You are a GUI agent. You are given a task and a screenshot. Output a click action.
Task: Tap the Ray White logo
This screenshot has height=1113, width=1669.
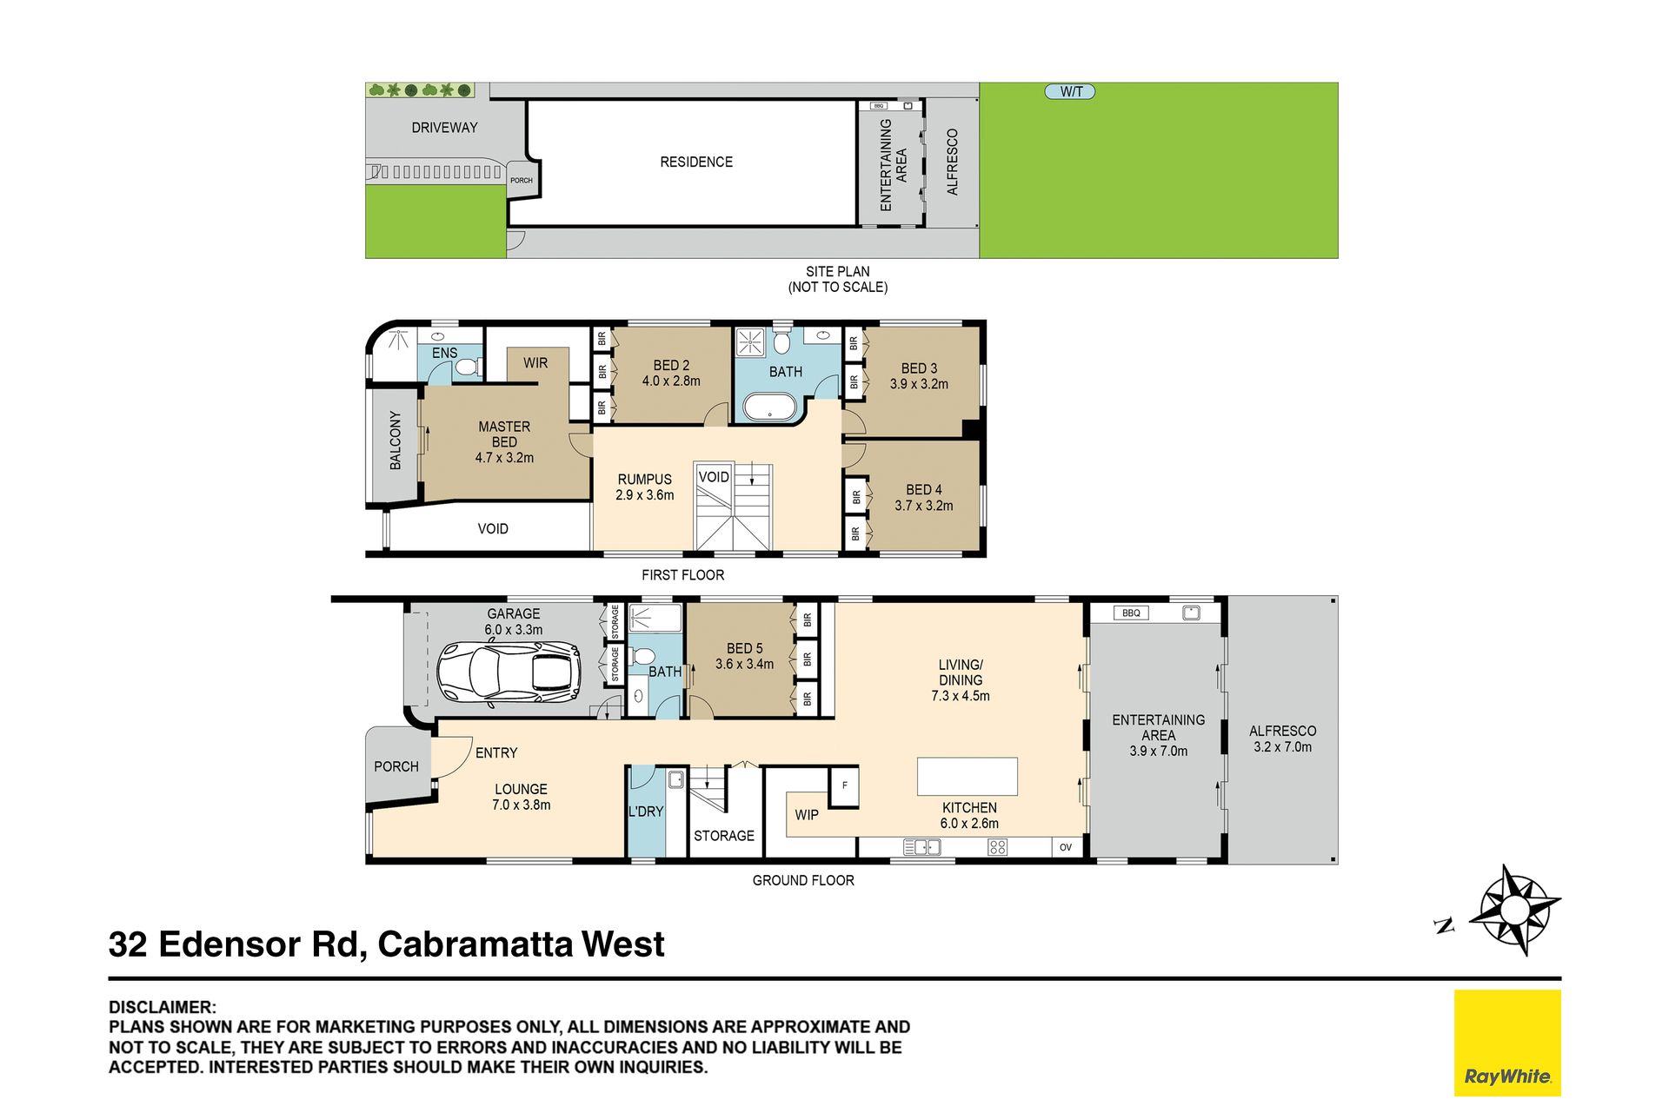pos(1507,1042)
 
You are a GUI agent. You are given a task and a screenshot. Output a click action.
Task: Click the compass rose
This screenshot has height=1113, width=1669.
pos(1514,910)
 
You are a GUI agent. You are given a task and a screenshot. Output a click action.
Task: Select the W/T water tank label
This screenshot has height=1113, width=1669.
pos(1070,91)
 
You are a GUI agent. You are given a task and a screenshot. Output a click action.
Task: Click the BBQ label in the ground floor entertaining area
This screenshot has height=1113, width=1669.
pos(1130,613)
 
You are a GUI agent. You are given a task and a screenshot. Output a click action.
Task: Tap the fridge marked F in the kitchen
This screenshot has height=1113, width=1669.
pos(844,785)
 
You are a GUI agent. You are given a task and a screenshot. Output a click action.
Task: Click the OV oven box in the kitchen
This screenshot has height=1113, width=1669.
pos(1066,847)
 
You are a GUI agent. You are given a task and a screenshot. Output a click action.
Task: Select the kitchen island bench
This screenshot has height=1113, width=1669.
pos(967,776)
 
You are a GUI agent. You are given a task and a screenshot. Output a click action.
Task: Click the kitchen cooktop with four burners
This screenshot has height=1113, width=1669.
pos(997,847)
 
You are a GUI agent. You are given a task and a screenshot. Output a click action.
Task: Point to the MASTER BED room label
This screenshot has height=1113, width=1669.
pos(504,442)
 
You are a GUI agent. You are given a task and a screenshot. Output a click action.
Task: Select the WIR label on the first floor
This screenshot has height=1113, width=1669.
pos(535,363)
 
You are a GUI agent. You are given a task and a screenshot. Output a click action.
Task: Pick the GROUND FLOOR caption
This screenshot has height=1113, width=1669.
pos(803,880)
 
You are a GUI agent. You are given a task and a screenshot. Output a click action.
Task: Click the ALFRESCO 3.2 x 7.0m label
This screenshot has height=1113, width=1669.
pos(1282,739)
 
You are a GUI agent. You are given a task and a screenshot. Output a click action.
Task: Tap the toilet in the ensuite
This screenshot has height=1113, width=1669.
pos(468,367)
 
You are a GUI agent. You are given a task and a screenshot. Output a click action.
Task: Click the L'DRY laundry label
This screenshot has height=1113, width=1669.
pos(646,812)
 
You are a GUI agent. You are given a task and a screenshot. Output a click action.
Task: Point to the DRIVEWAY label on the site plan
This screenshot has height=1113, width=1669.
pos(444,128)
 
